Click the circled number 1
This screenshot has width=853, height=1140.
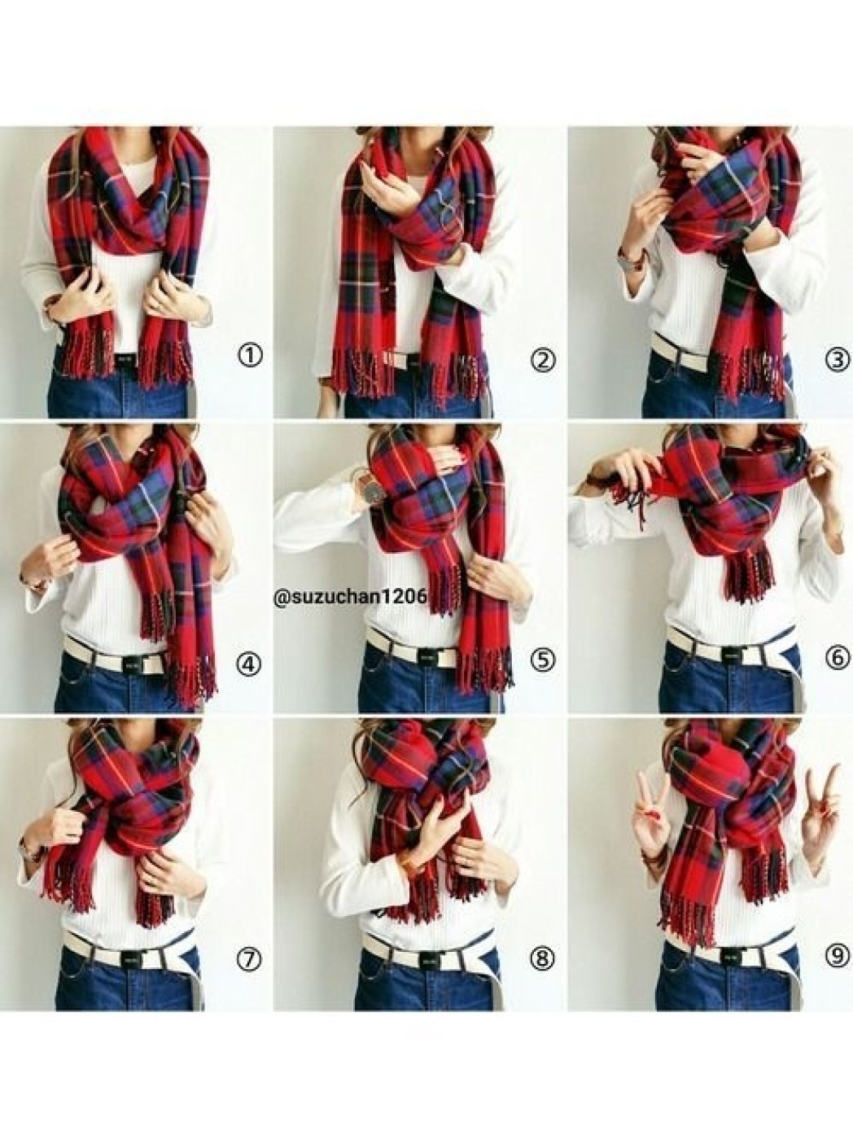[x=250, y=357]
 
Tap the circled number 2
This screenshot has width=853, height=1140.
[x=544, y=359]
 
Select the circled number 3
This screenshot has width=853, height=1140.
[x=838, y=360]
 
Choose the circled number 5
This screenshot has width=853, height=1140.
[x=544, y=660]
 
